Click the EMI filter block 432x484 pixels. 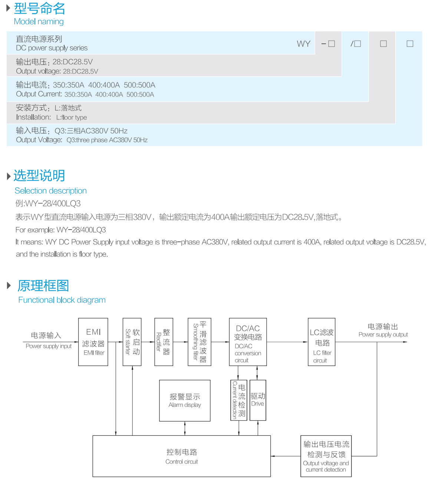[93, 342]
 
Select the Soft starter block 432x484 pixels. [132, 342]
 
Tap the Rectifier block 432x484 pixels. [164, 342]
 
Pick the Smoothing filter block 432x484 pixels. [199, 342]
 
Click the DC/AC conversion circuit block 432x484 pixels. [248, 342]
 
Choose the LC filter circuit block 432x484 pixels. [321, 342]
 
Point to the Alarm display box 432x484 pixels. [185, 401]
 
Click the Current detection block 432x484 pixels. [238, 400]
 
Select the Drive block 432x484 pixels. [258, 400]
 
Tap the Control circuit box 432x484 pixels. [181, 456]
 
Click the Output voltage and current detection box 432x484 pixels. [326, 456]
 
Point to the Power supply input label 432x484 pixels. [49, 346]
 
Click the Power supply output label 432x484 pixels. [383, 335]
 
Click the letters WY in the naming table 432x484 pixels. [303, 44]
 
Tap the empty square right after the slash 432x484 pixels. [357, 44]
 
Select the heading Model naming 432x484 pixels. [39, 22]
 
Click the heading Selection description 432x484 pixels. [51, 191]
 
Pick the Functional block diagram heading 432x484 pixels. [62, 300]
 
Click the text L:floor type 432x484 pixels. [72, 118]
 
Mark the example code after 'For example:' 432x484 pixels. [81, 230]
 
